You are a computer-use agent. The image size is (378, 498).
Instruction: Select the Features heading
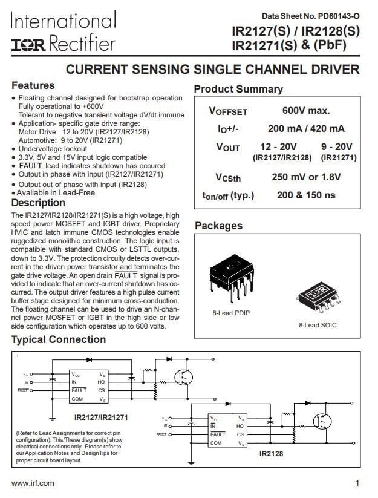click(x=33, y=85)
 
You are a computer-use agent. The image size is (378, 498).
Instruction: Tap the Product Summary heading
click(x=238, y=89)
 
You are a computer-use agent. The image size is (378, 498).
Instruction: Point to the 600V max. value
click(x=305, y=110)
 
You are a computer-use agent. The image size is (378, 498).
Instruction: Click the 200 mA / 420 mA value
click(x=306, y=128)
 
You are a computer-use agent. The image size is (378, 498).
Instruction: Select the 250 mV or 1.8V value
click(x=307, y=177)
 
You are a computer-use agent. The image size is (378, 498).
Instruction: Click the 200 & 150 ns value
click(x=306, y=195)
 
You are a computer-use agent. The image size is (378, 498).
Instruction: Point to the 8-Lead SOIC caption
click(x=318, y=326)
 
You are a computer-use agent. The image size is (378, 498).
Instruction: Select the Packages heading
click(x=218, y=226)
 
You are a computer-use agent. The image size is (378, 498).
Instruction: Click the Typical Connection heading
click(x=58, y=339)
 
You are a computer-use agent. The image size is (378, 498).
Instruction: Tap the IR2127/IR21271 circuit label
click(x=101, y=418)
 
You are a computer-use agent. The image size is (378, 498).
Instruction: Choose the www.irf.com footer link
click(x=33, y=483)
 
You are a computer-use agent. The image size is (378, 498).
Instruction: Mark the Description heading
click(x=38, y=203)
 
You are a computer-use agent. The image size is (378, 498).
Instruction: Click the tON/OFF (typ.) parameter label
click(x=228, y=195)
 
